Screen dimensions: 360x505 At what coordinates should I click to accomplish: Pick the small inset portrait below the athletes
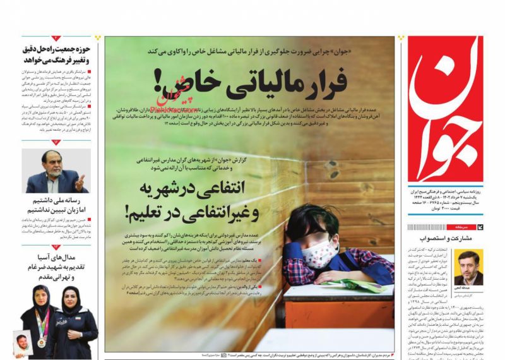23,344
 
